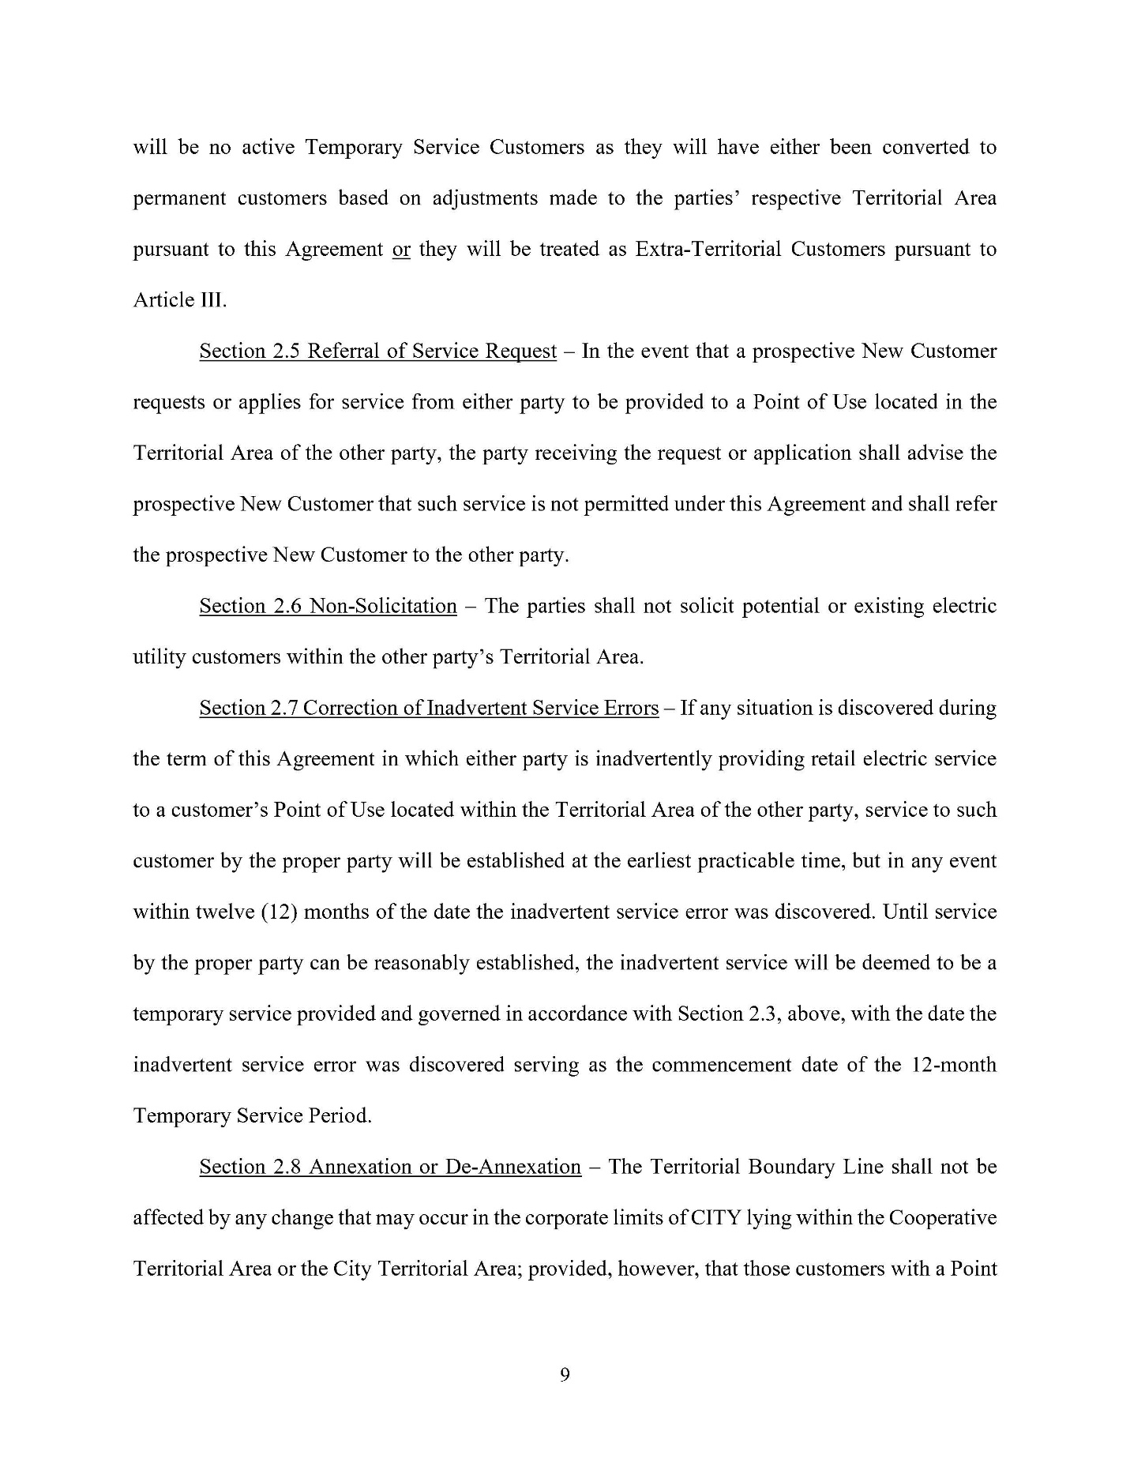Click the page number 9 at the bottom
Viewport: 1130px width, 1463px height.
pyautogui.click(x=565, y=1375)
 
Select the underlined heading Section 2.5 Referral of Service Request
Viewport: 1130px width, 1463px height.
pyautogui.click(x=377, y=351)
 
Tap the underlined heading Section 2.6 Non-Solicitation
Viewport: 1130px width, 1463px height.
pyautogui.click(x=328, y=606)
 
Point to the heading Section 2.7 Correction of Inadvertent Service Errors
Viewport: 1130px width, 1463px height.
pyautogui.click(x=429, y=708)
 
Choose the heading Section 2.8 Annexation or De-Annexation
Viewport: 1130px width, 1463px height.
pyautogui.click(x=390, y=1167)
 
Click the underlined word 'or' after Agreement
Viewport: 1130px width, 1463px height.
pyautogui.click(x=401, y=250)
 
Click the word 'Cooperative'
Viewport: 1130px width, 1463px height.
pyautogui.click(x=942, y=1217)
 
